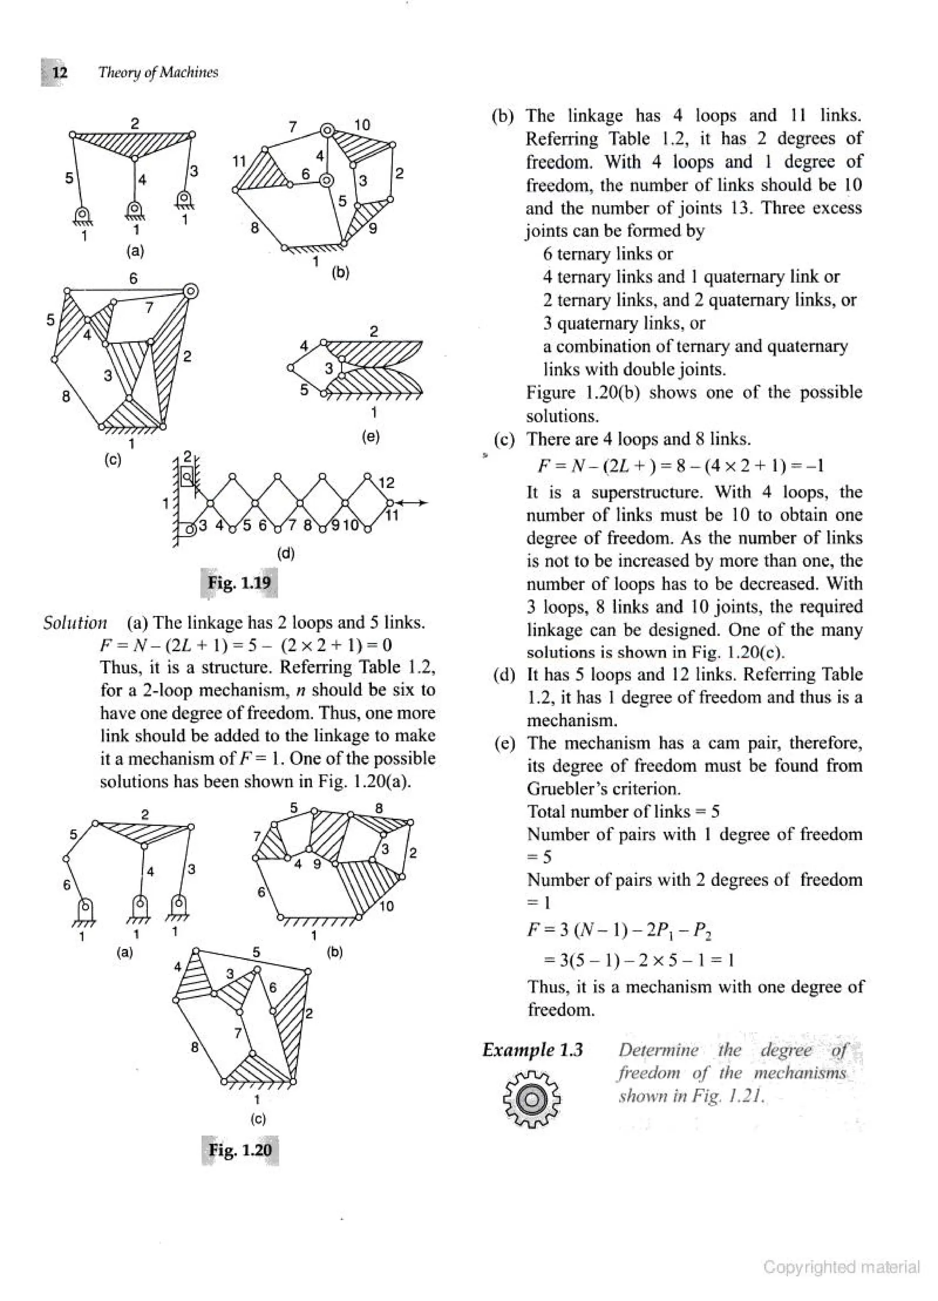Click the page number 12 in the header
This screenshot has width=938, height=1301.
click(x=60, y=73)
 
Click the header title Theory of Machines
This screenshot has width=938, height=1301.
click(x=158, y=73)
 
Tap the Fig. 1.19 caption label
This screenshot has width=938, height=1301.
click(x=239, y=583)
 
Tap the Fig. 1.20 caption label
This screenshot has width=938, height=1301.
click(x=240, y=1150)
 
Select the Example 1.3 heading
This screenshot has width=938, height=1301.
click(x=533, y=1050)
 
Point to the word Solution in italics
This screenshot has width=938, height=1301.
click(x=75, y=623)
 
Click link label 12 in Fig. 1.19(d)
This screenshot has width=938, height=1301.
click(x=387, y=483)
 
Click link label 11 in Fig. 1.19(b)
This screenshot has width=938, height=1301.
click(x=239, y=161)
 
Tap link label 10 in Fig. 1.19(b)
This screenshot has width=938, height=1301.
click(x=362, y=125)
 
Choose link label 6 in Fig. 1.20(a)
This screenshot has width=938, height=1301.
click(x=66, y=885)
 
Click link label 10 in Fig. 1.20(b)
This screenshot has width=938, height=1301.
click(x=387, y=906)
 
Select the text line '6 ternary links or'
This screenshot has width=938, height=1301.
click(x=608, y=253)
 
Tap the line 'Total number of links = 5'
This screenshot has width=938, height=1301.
click(x=623, y=812)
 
